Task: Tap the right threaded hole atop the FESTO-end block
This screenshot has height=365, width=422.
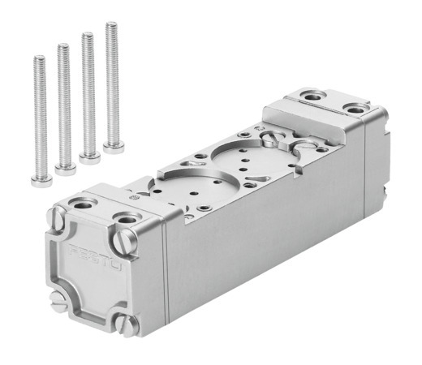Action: click(127, 217)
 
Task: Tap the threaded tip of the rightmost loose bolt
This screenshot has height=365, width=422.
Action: click(111, 26)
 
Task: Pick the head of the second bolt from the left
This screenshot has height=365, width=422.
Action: click(65, 167)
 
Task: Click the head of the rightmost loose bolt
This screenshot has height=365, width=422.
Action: click(114, 147)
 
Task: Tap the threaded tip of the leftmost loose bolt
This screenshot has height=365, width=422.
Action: click(38, 59)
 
